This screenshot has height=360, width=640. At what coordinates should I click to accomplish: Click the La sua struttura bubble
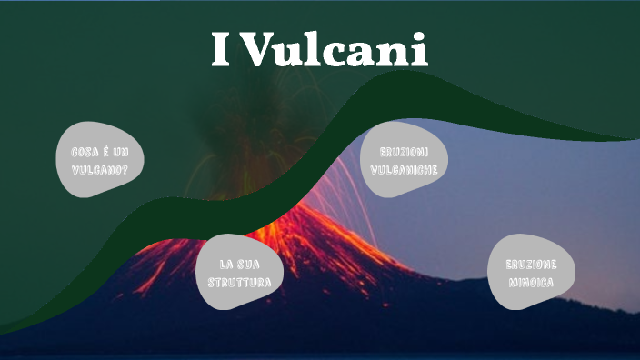(x=239, y=273)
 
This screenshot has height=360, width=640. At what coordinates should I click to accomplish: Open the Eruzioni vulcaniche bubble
(x=404, y=160)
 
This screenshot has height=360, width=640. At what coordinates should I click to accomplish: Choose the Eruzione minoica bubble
(x=530, y=273)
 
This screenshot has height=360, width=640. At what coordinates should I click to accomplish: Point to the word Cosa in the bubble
(x=85, y=153)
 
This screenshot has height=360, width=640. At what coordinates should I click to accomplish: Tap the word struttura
(x=239, y=282)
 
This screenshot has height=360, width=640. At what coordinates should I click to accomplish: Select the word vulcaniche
(x=404, y=170)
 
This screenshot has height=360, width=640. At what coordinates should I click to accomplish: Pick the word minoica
(x=530, y=283)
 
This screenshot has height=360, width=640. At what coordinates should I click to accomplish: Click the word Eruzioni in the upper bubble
(x=404, y=151)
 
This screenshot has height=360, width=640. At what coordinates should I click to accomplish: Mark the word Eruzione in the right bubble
(x=530, y=264)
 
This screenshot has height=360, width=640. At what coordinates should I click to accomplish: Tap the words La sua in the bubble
(x=239, y=264)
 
